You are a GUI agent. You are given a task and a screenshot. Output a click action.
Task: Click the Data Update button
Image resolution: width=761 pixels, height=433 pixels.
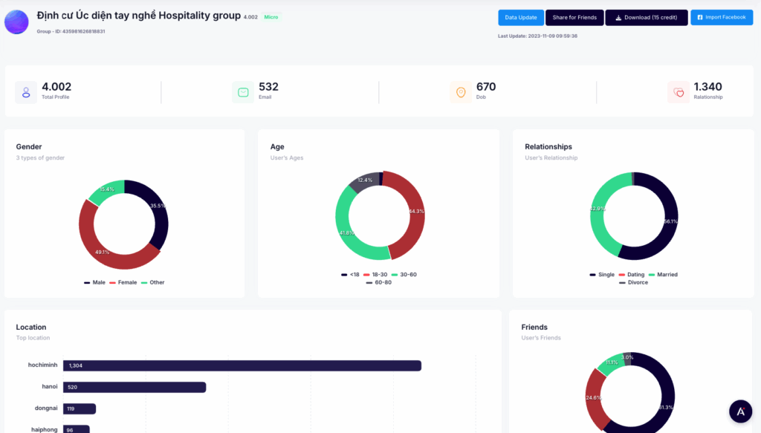pos(521,17)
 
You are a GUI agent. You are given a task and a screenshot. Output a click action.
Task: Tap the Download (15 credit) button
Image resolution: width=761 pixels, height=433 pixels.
pos(646,17)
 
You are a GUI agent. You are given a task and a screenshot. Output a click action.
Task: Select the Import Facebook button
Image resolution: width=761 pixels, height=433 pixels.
pos(721,17)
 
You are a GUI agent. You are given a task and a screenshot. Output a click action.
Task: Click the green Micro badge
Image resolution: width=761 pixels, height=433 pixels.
pos(271,16)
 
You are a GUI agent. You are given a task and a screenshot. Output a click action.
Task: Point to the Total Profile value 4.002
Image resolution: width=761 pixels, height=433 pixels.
pos(56,87)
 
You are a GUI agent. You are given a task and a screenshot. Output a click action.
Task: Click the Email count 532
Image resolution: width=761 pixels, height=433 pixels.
pos(268,87)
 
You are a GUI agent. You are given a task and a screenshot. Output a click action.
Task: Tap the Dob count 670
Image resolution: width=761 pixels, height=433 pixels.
pos(486,87)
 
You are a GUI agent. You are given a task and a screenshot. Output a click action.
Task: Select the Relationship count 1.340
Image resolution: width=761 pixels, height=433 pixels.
pos(707,87)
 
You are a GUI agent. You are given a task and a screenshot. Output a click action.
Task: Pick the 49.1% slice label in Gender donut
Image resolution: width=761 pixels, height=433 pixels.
pos(103,252)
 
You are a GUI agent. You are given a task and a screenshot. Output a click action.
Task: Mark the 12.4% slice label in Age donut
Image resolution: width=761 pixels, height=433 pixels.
pos(365,180)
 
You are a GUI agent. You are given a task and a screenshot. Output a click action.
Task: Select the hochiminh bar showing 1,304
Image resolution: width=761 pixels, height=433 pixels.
pos(242,365)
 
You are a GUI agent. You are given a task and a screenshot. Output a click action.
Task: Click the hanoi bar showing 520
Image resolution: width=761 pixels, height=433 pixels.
pos(135,387)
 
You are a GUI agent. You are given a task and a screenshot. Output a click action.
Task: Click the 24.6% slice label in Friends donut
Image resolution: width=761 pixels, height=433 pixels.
pos(594,397)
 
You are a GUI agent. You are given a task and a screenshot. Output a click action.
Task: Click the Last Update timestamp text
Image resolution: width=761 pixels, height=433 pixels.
pos(537,36)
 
